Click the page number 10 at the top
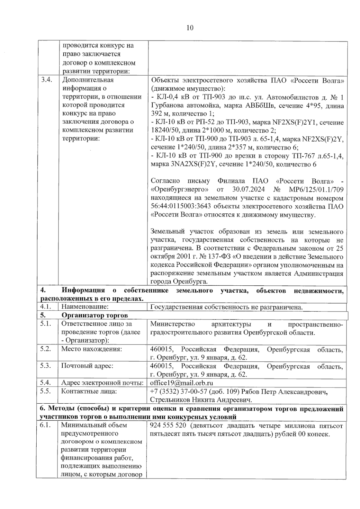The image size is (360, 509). pyautogui.click(x=190, y=28)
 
